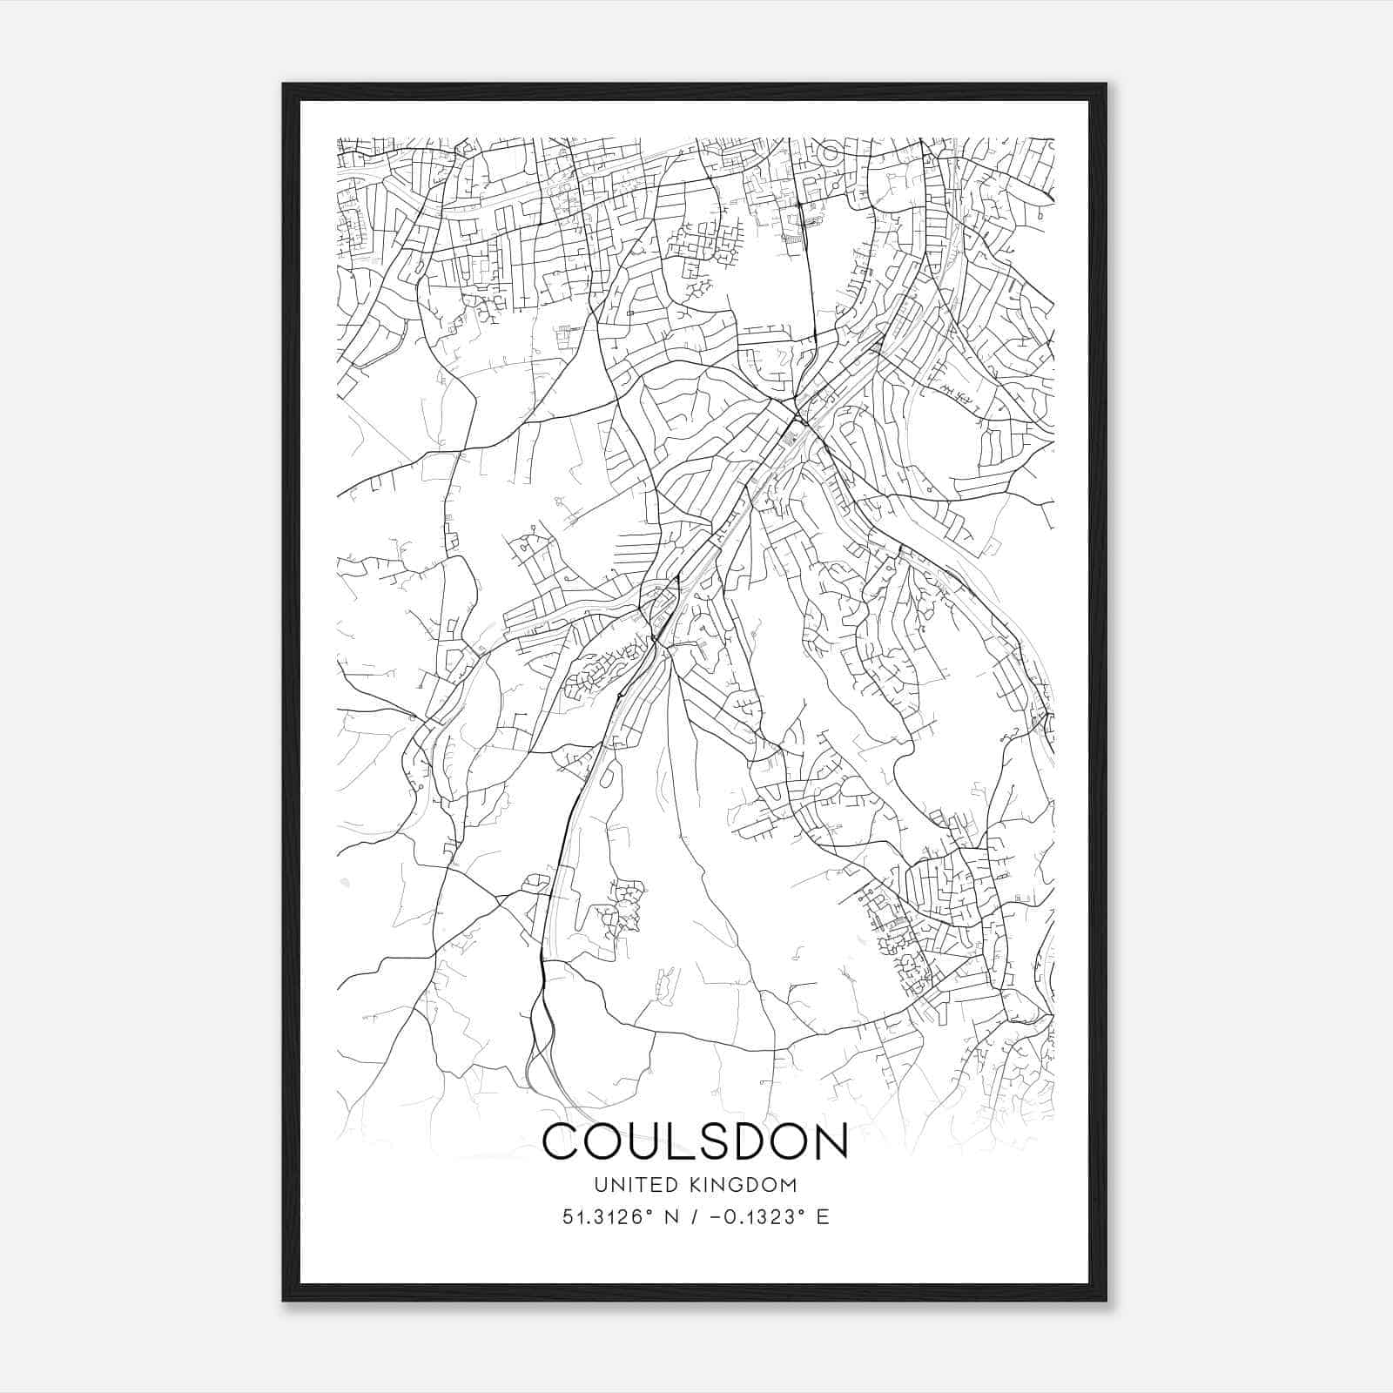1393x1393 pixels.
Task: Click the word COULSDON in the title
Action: pos(695,1141)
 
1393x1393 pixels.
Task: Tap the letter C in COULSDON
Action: pos(562,1141)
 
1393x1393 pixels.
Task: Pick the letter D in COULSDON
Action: pos(755,1141)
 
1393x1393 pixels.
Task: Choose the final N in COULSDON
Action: pos(831,1141)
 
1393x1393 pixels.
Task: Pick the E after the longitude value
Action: pos(823,1217)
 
